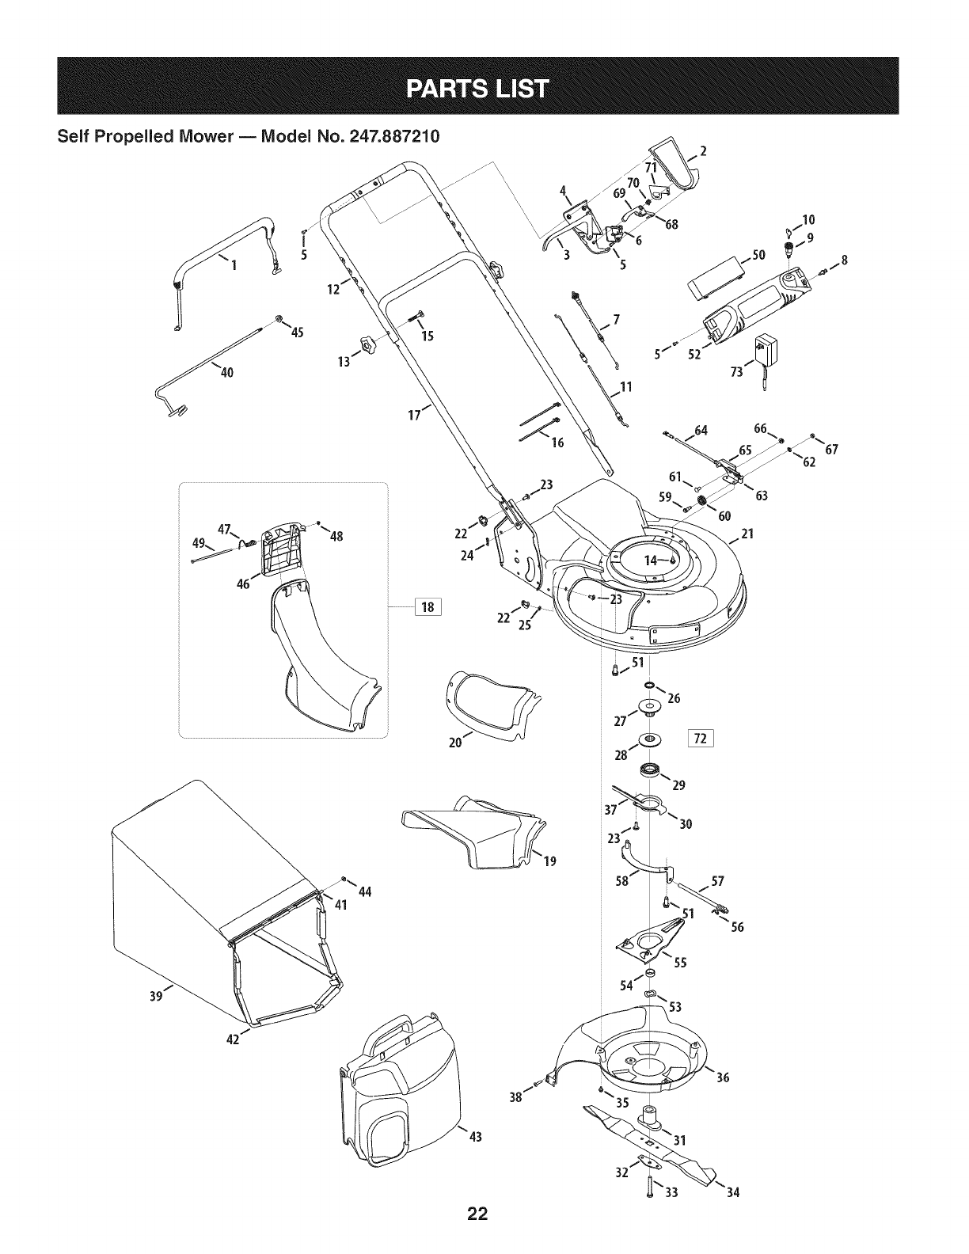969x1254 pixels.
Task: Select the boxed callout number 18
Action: click(428, 608)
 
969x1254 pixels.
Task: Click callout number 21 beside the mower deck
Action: click(747, 534)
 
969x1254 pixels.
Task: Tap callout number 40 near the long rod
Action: click(227, 373)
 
